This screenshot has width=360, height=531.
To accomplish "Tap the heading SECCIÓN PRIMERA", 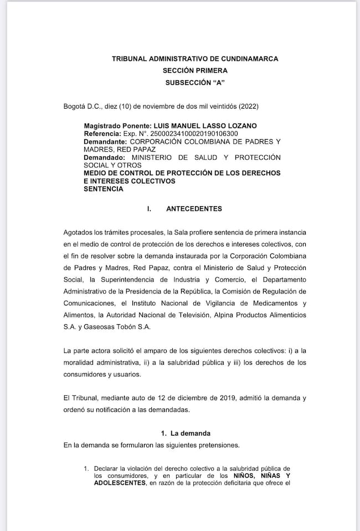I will click(x=195, y=70).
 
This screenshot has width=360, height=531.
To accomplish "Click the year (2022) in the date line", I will click(x=248, y=106).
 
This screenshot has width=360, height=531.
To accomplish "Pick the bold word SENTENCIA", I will click(x=104, y=188).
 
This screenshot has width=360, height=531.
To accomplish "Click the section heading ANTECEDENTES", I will click(x=194, y=209).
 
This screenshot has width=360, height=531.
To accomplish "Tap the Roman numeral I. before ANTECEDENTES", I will click(x=149, y=209).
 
